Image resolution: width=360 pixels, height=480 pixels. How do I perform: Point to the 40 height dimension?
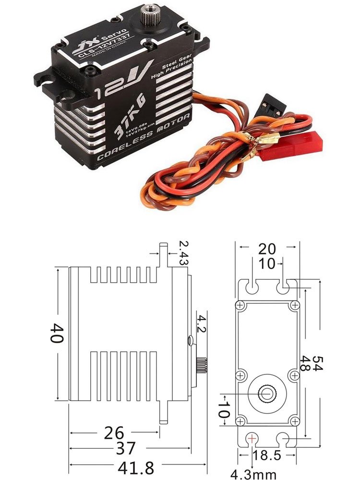(x=56, y=332)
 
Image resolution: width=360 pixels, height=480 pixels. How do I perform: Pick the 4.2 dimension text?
(x=202, y=324)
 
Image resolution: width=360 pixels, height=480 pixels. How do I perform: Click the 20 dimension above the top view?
(x=266, y=249)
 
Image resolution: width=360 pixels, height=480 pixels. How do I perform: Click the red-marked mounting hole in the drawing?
(x=252, y=438)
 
